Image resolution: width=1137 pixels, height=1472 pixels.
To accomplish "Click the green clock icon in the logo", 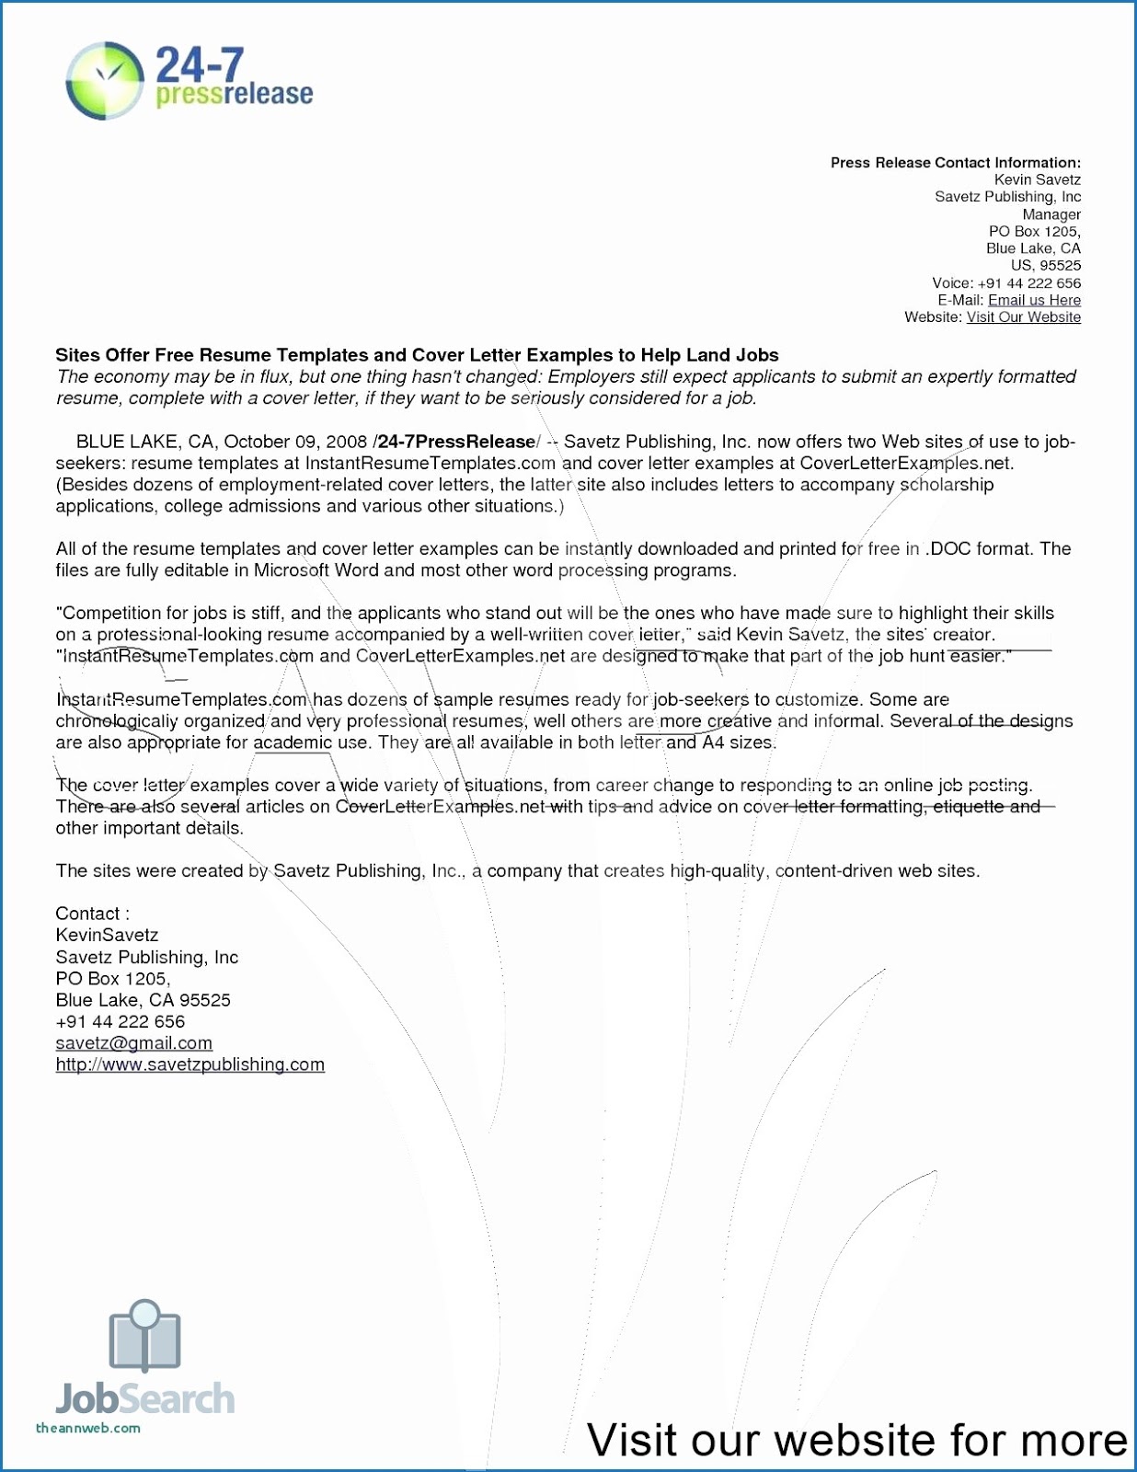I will click(105, 80).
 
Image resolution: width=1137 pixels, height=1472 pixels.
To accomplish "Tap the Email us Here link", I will click(1034, 300).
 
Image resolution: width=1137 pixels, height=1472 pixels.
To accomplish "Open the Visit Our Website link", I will click(1023, 317).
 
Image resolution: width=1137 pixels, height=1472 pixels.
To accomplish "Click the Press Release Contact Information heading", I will click(955, 163).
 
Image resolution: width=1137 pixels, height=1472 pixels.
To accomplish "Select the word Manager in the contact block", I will click(1051, 214).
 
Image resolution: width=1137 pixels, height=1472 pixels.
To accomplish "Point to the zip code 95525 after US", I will click(1061, 266).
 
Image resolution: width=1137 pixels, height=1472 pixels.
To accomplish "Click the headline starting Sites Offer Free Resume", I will click(417, 355).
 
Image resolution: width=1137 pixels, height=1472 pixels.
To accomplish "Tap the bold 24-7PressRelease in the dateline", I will click(456, 442).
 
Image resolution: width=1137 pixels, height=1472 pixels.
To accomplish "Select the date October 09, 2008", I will click(295, 442).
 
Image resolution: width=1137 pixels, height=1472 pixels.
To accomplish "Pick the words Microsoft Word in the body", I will click(316, 570).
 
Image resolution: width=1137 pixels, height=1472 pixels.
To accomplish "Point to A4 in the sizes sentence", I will click(714, 742).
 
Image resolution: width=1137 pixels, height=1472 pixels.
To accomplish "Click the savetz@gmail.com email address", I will click(133, 1043).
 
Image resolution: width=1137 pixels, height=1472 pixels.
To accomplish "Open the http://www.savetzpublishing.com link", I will click(189, 1064).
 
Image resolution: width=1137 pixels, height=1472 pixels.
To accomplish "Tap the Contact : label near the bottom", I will click(92, 914).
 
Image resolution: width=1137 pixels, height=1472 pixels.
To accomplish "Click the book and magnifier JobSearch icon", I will click(144, 1335).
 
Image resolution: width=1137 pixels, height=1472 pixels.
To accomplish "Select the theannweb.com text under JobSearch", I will click(87, 1429).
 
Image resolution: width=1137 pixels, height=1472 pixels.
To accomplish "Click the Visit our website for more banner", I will click(856, 1440).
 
